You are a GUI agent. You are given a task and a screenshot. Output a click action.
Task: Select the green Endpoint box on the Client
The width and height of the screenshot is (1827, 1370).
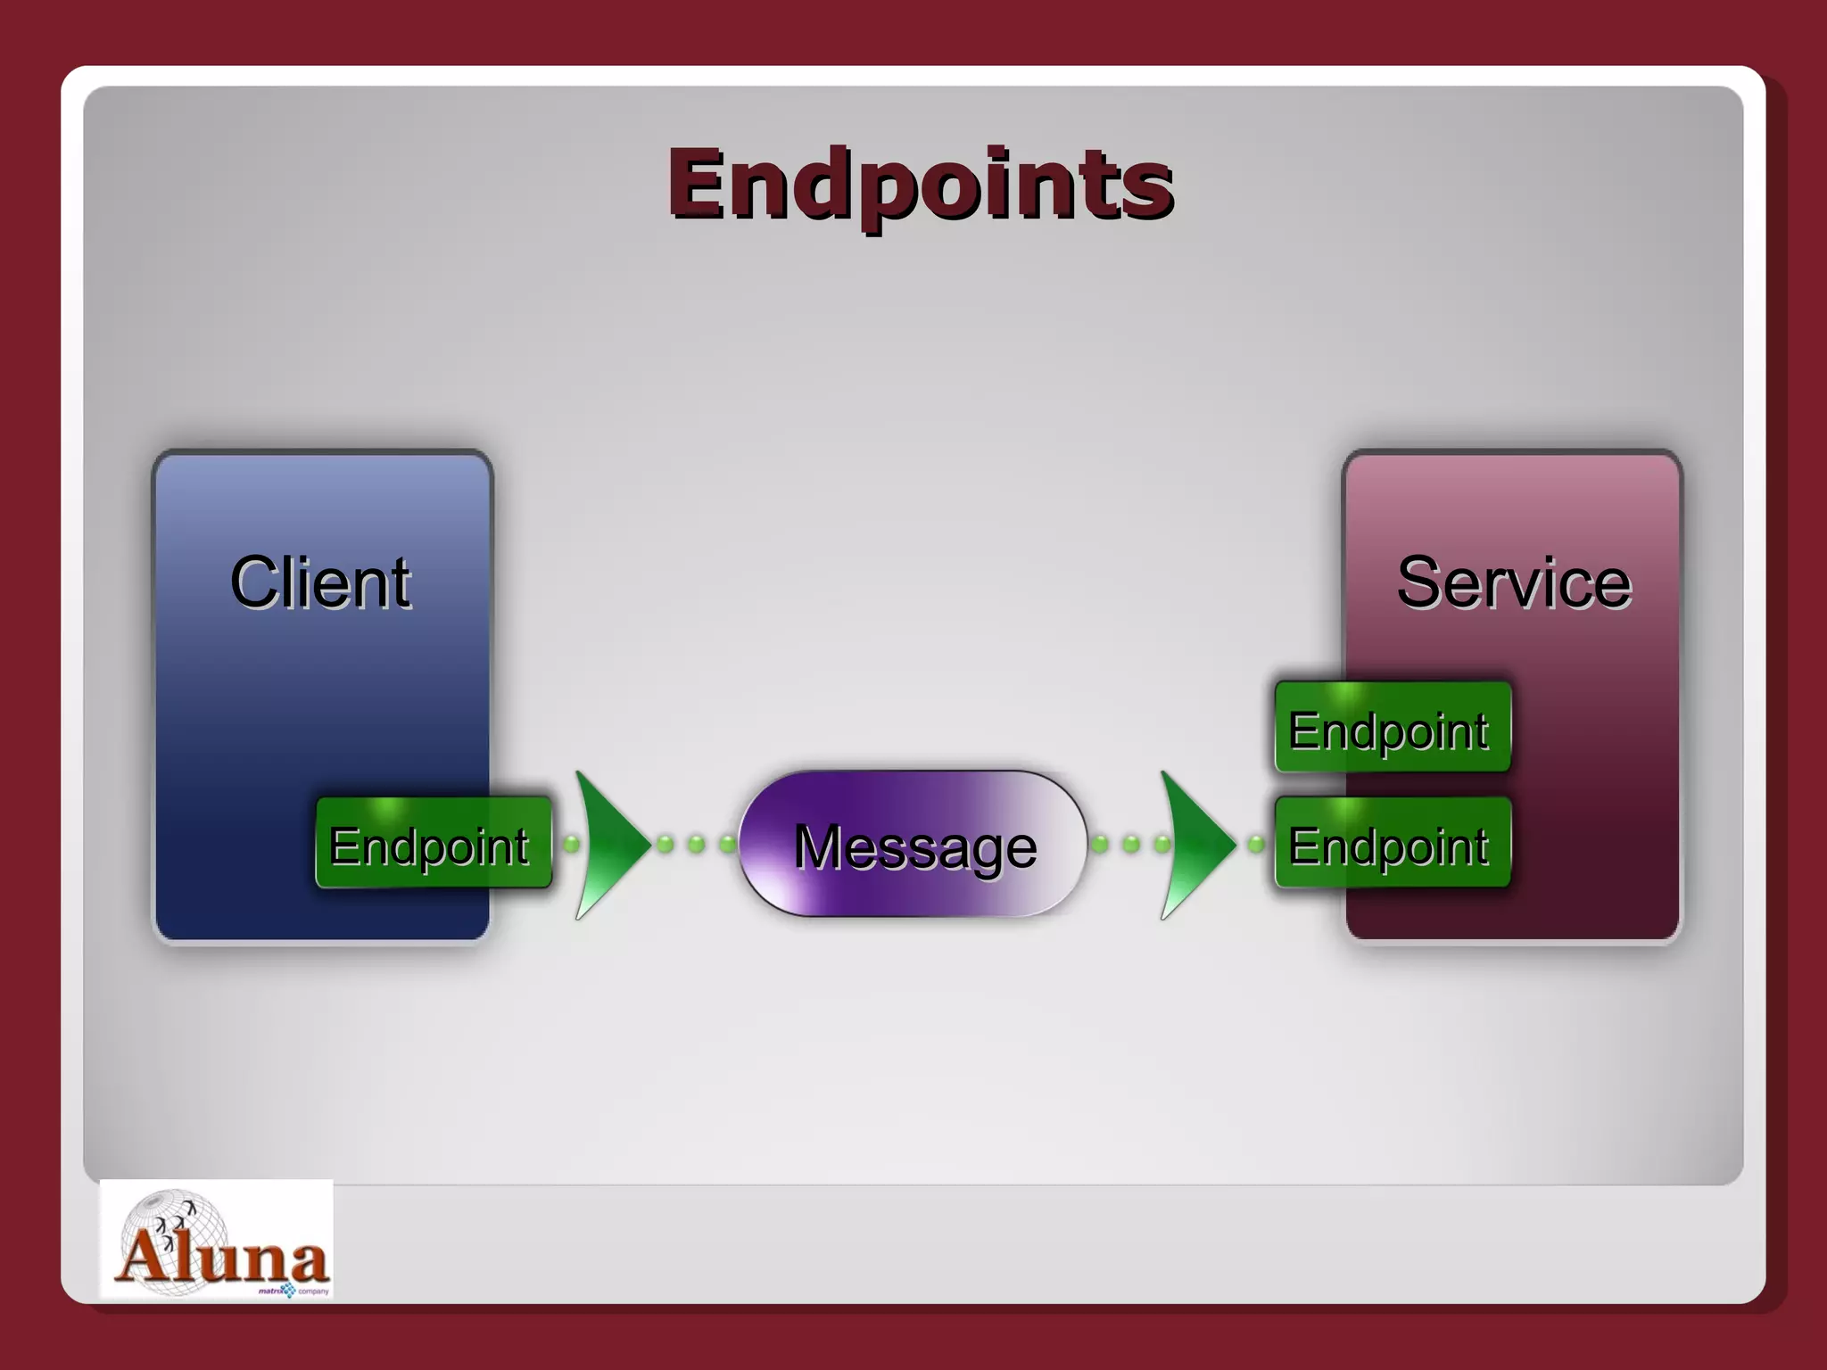pyautogui.click(x=434, y=843)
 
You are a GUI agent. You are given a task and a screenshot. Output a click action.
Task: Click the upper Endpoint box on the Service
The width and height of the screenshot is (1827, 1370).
pyautogui.click(x=1392, y=728)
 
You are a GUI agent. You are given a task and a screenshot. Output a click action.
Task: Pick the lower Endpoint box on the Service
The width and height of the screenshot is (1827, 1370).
pyautogui.click(x=1392, y=844)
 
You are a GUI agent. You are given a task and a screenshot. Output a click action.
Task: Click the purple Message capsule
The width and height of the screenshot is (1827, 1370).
pyautogui.click(x=913, y=844)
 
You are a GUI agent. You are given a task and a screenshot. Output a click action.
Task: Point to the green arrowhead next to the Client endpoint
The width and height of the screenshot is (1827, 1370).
pyautogui.click(x=608, y=844)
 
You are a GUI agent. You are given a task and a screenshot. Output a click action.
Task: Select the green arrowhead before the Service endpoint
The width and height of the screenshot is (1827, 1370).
pyautogui.click(x=1194, y=844)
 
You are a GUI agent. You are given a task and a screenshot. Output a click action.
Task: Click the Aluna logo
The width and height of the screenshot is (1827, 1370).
pyautogui.click(x=217, y=1240)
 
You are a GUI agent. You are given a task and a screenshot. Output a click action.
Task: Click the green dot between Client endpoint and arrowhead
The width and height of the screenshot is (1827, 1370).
pyautogui.click(x=572, y=843)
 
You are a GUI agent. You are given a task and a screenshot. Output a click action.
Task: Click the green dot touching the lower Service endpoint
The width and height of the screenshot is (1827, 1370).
pyautogui.click(x=1256, y=844)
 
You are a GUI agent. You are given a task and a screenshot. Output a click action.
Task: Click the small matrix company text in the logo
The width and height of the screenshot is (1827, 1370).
pyautogui.click(x=294, y=1291)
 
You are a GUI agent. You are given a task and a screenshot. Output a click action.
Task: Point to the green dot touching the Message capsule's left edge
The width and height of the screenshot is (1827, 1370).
pyautogui.click(x=728, y=843)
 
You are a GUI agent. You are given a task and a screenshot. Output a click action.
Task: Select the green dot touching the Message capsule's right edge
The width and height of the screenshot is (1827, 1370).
pyautogui.click(x=1100, y=843)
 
